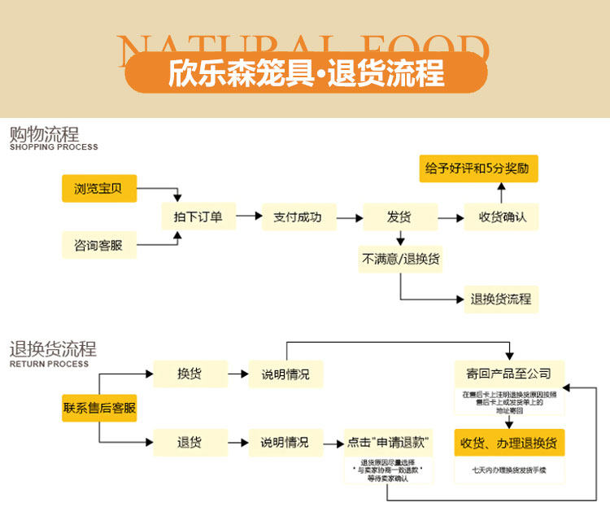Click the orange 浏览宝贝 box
[x=98, y=189]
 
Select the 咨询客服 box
[x=98, y=244]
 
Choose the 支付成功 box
[x=298, y=217]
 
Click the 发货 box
[x=399, y=217]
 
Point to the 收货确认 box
[x=502, y=217]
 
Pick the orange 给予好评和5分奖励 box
[x=478, y=168]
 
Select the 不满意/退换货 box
[x=401, y=259]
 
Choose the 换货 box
[x=190, y=374]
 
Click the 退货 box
[x=190, y=443]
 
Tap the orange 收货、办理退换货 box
[x=508, y=443]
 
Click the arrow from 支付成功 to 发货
[x=349, y=217]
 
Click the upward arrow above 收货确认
[x=501, y=192]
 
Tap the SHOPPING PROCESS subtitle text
[x=54, y=147]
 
